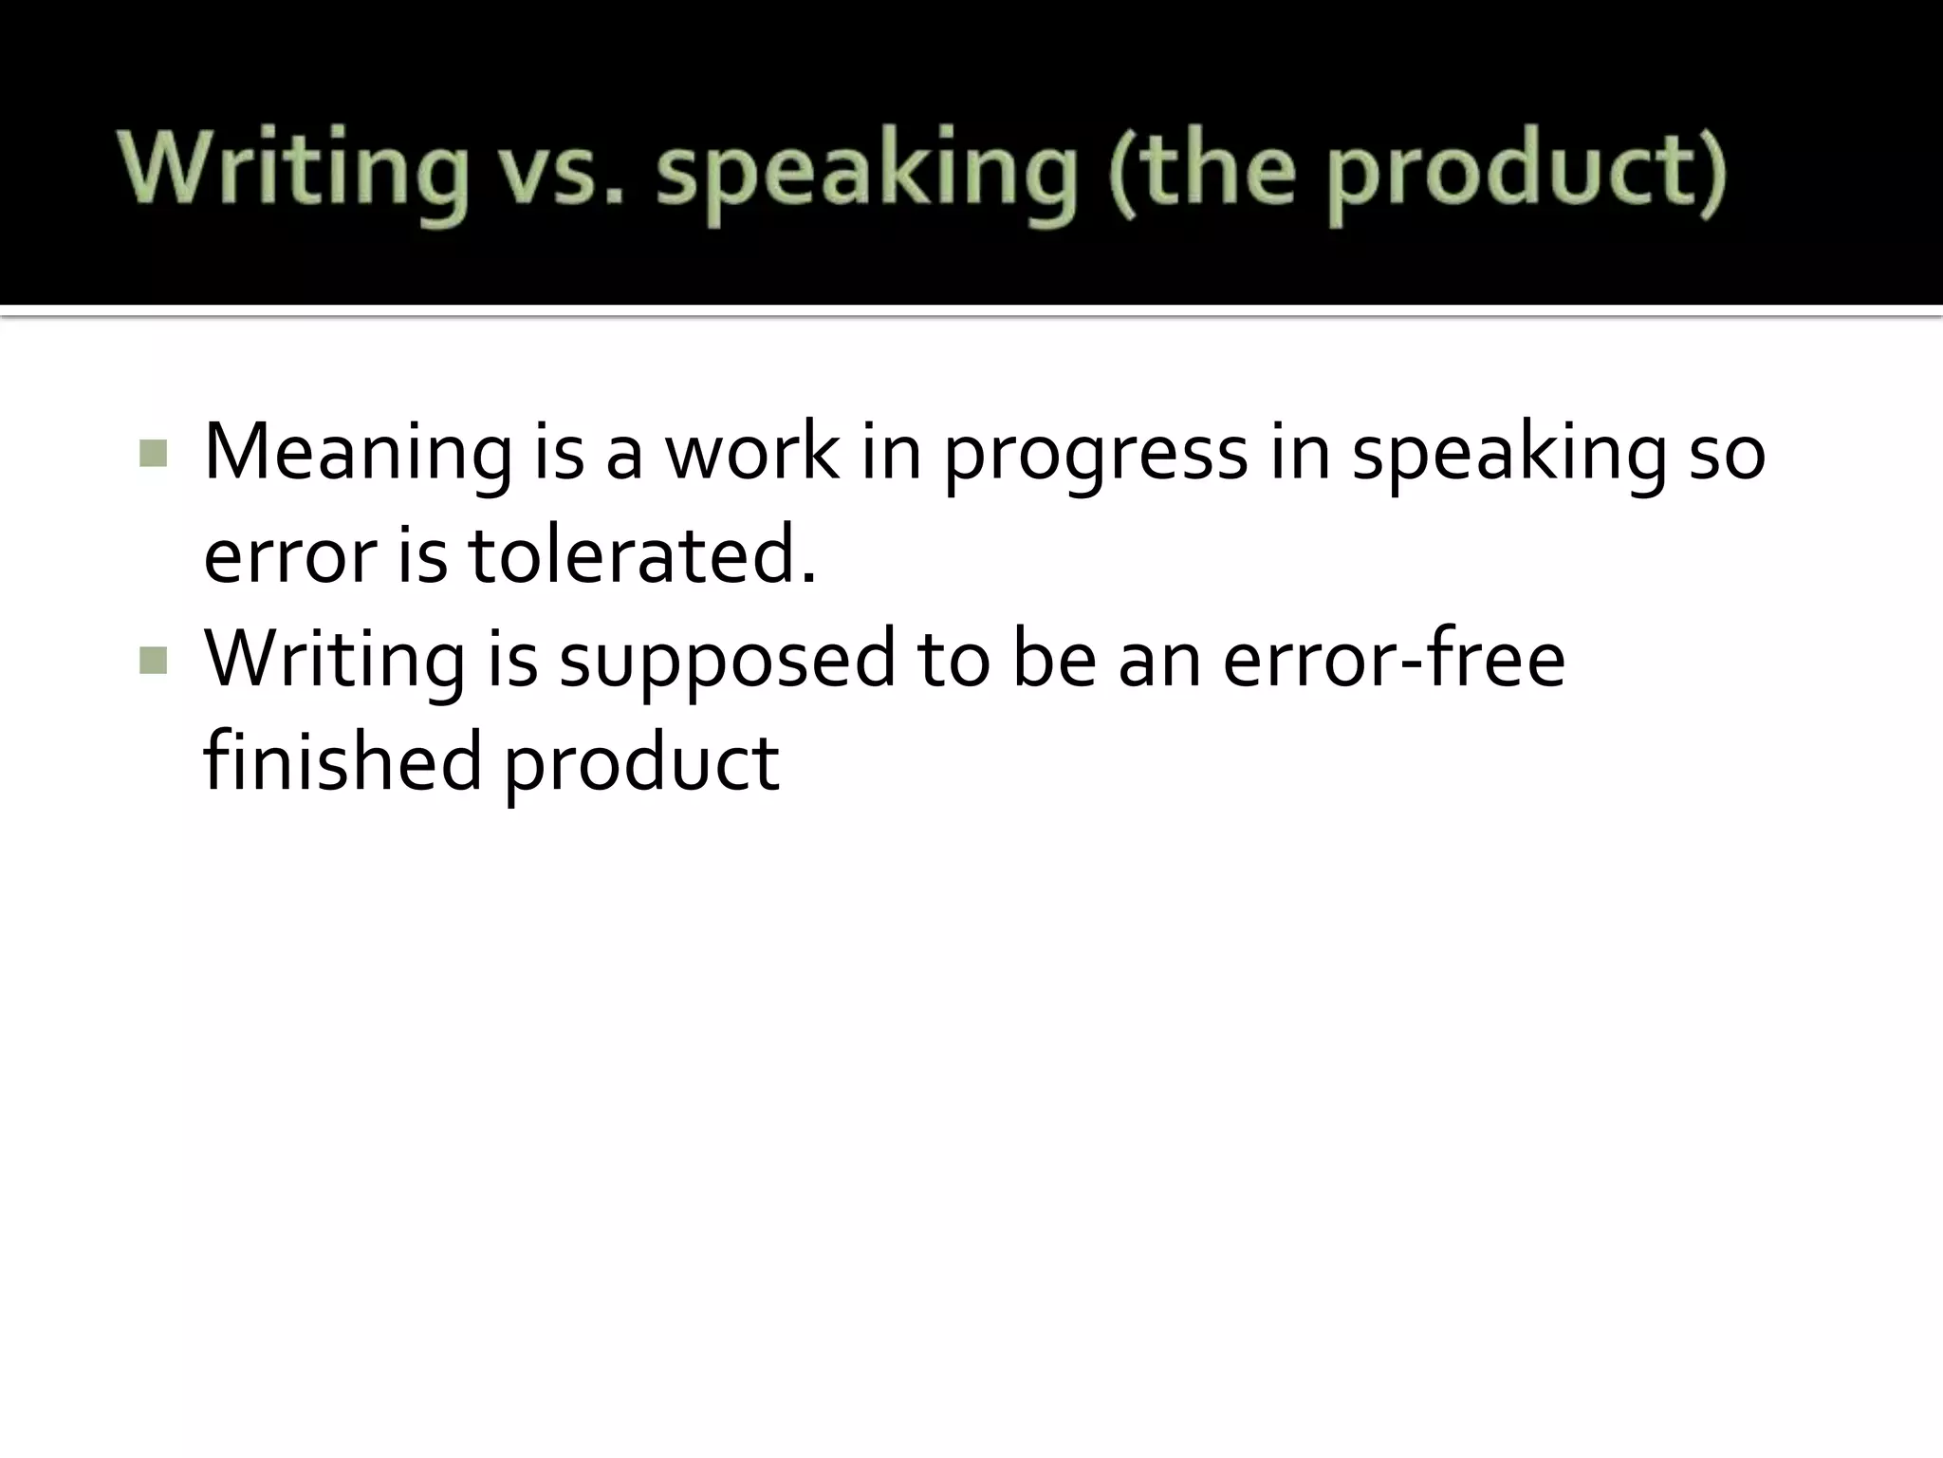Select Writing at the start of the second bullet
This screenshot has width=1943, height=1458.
click(x=334, y=660)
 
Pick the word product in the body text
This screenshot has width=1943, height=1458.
click(x=640, y=764)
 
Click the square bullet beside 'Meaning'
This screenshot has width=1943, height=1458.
click(x=153, y=454)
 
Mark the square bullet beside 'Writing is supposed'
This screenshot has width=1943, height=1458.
click(x=153, y=660)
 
